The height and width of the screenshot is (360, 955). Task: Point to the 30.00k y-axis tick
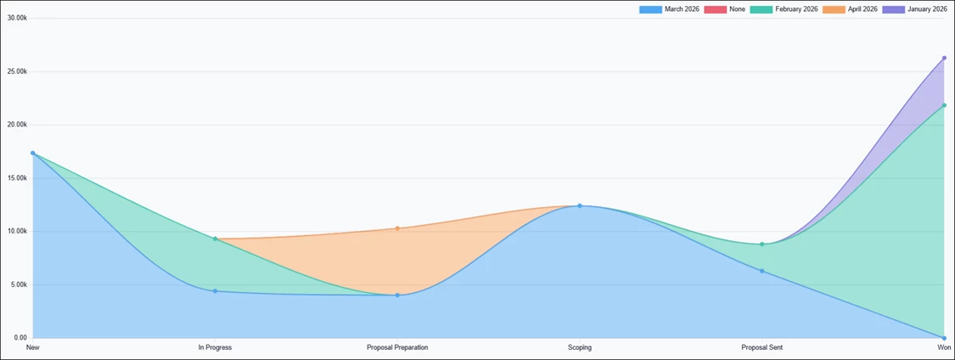[x=17, y=18]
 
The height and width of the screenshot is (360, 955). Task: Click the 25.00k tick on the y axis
[x=17, y=71]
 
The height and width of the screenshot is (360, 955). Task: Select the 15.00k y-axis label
[x=17, y=178]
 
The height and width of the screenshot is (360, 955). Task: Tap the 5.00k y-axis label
[x=19, y=284]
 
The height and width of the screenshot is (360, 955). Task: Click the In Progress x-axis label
[x=215, y=347]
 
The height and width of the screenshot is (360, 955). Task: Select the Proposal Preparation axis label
[x=397, y=347]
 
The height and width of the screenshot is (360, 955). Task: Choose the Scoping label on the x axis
[x=580, y=347]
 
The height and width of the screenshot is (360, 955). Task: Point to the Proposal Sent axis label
[x=762, y=347]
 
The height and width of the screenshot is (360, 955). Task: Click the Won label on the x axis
[x=944, y=347]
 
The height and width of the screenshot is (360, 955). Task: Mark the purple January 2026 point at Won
[x=944, y=58]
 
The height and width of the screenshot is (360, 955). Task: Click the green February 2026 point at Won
[x=944, y=105]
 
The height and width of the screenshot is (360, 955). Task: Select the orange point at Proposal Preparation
[x=397, y=228]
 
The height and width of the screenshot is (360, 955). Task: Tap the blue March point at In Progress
[x=215, y=291]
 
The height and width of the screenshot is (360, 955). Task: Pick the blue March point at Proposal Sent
[x=762, y=271]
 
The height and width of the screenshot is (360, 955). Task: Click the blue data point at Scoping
[x=580, y=205]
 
